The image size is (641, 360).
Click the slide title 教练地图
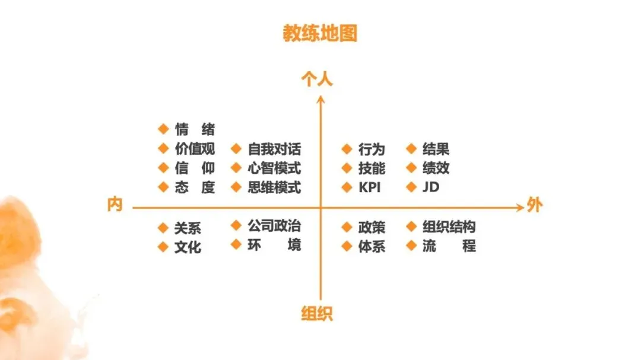[320, 34]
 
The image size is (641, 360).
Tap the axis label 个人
[317, 79]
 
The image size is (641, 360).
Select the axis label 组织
[317, 314]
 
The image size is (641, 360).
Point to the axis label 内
[115, 205]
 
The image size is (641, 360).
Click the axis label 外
[534, 206]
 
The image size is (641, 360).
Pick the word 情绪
[195, 129]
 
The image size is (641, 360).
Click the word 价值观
[195, 149]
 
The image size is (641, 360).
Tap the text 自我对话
[274, 149]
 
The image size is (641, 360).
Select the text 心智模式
[274, 168]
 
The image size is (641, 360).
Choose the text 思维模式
[274, 187]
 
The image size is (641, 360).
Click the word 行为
[372, 149]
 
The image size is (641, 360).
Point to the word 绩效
[436, 168]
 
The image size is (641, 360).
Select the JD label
[430, 187]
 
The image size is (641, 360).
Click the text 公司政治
[274, 226]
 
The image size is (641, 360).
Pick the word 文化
[188, 247]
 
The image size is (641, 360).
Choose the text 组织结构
[449, 227]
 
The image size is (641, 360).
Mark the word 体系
[372, 247]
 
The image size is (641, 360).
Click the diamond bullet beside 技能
[347, 168]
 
